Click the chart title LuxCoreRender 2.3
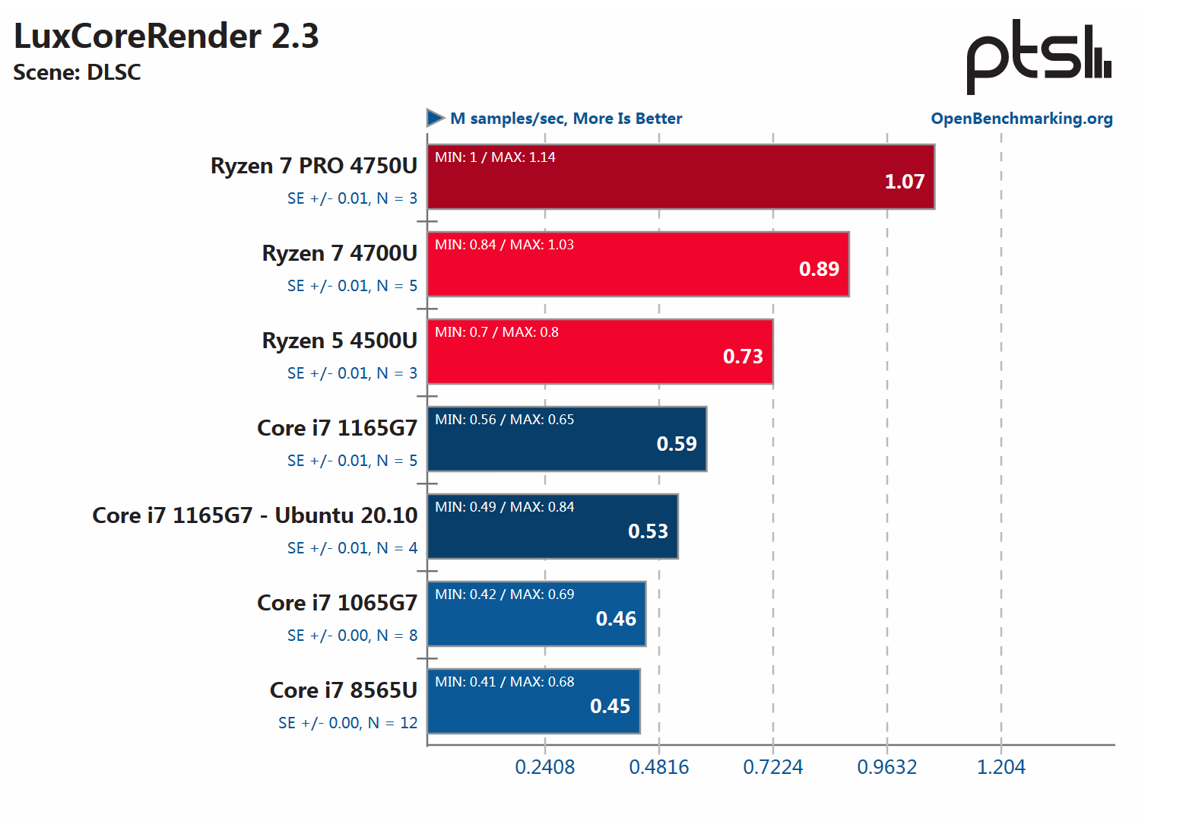166,36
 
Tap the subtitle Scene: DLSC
78,73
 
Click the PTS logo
1039,57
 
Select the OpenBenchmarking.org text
1021,119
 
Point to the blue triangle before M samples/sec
436,118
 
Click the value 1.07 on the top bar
904,182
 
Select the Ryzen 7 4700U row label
339,253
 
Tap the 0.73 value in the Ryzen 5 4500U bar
742,357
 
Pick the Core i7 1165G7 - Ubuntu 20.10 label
255,515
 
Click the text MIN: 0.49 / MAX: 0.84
504,507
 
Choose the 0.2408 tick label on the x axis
544,767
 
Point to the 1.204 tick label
1000,767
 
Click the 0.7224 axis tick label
772,767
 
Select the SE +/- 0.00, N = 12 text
347,723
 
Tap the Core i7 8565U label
343,690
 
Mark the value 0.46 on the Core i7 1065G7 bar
616,619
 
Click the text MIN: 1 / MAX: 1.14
495,157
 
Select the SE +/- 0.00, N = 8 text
352,636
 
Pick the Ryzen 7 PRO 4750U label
313,166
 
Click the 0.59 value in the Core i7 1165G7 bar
676,444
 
